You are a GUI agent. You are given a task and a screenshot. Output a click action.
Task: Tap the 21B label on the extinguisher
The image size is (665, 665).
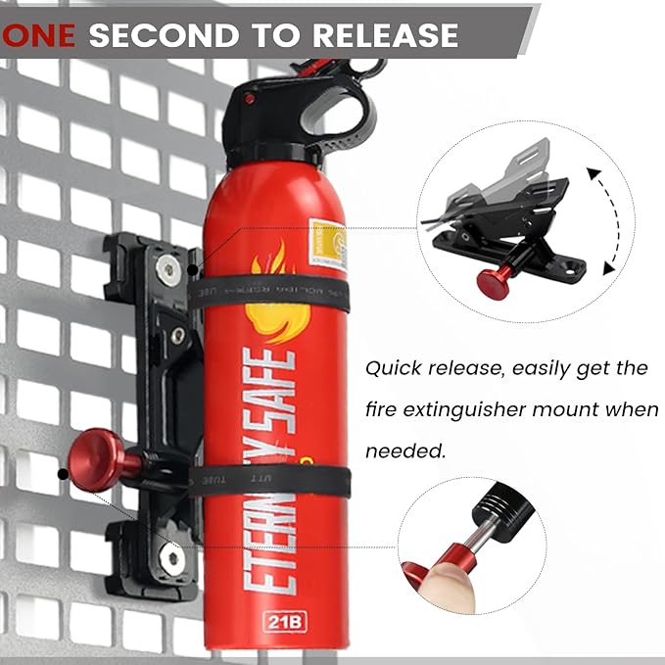(x=277, y=620)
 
